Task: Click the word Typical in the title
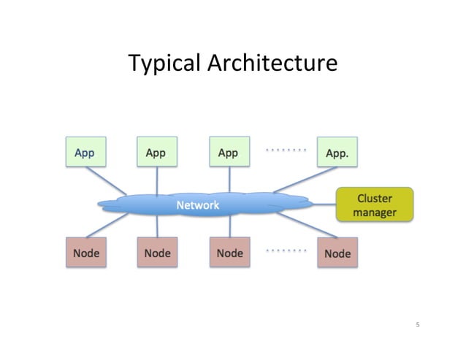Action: point(164,64)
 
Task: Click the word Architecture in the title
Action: point(272,64)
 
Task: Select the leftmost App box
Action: point(85,153)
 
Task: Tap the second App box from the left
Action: point(156,153)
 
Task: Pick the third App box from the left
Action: point(229,153)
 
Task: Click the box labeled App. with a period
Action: point(337,153)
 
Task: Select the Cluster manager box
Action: point(375,205)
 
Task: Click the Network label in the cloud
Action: point(197,205)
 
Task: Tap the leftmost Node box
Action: point(85,253)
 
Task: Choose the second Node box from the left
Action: point(156,253)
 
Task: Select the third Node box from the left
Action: point(229,253)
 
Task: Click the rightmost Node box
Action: point(337,253)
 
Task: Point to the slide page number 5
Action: point(418,324)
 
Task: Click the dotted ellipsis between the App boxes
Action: point(286,150)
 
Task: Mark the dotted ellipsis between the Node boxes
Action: point(286,250)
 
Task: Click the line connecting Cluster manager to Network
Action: point(321,204)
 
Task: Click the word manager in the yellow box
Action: point(375,212)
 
